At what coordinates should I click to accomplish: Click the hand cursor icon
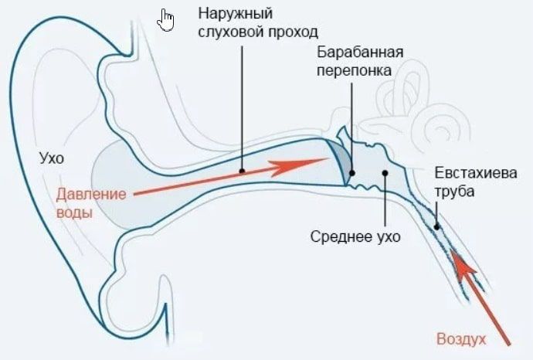[165, 20]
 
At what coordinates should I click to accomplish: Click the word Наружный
[236, 14]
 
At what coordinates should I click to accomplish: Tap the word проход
[294, 32]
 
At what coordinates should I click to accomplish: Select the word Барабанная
[360, 53]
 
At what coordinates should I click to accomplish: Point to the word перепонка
[355, 71]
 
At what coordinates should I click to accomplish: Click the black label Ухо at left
[52, 158]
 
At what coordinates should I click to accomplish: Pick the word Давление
[91, 195]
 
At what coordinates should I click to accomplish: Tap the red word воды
[74, 212]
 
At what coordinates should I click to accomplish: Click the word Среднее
[341, 236]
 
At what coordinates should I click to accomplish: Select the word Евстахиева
[476, 173]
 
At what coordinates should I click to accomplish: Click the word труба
[454, 192]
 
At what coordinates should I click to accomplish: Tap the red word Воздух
[461, 339]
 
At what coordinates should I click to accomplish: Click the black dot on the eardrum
[352, 173]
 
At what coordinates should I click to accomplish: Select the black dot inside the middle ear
[385, 173]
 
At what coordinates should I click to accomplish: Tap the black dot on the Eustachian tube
[436, 226]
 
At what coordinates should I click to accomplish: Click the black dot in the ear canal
[242, 171]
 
